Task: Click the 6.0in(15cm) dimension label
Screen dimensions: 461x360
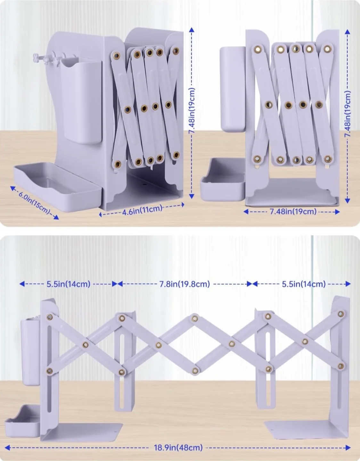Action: click(34, 203)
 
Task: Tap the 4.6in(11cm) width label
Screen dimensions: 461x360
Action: click(142, 210)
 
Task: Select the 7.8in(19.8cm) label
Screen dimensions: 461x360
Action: click(184, 284)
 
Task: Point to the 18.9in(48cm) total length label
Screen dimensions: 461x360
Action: click(178, 447)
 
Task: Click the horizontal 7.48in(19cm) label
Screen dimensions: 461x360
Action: click(293, 212)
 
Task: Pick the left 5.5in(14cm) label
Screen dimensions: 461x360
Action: click(69, 284)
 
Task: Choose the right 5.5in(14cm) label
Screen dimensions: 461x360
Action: click(304, 284)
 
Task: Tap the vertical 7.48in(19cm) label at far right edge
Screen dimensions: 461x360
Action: click(348, 114)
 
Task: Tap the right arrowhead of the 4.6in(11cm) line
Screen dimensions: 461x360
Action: click(183, 205)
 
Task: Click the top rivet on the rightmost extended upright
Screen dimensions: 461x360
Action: click(341, 314)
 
